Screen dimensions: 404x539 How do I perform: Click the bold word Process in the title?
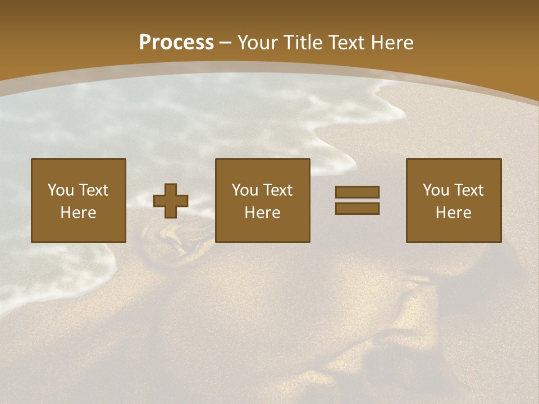click(x=176, y=43)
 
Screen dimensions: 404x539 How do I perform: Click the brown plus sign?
click(x=171, y=201)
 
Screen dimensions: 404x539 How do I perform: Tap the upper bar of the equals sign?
click(x=357, y=192)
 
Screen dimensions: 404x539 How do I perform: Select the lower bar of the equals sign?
click(x=357, y=208)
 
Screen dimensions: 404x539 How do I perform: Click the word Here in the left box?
click(x=78, y=213)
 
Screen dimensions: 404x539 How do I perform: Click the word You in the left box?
click(x=61, y=190)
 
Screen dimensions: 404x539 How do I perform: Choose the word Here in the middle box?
click(x=262, y=213)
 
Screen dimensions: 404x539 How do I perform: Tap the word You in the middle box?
click(x=245, y=190)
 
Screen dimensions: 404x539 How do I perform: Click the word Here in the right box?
click(x=453, y=213)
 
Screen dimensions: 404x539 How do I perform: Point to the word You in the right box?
click(x=436, y=190)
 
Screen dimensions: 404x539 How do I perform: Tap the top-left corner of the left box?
click(x=32, y=159)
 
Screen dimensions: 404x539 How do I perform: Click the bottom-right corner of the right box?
click(x=500, y=241)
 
